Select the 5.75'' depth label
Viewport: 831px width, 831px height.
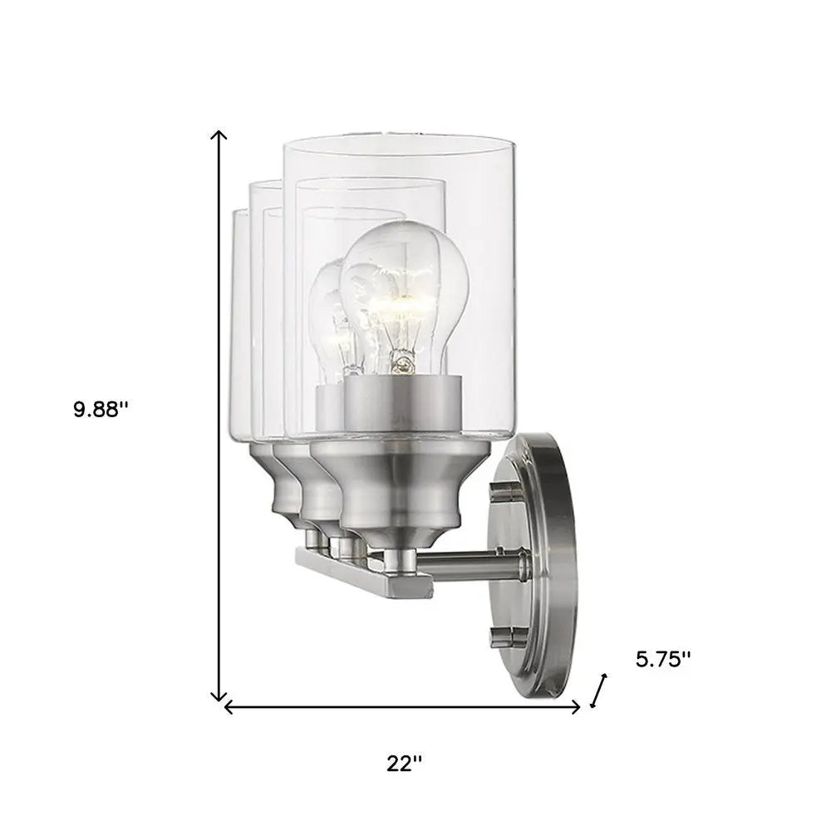[x=663, y=659]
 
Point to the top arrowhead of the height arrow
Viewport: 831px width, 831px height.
[x=219, y=135]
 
